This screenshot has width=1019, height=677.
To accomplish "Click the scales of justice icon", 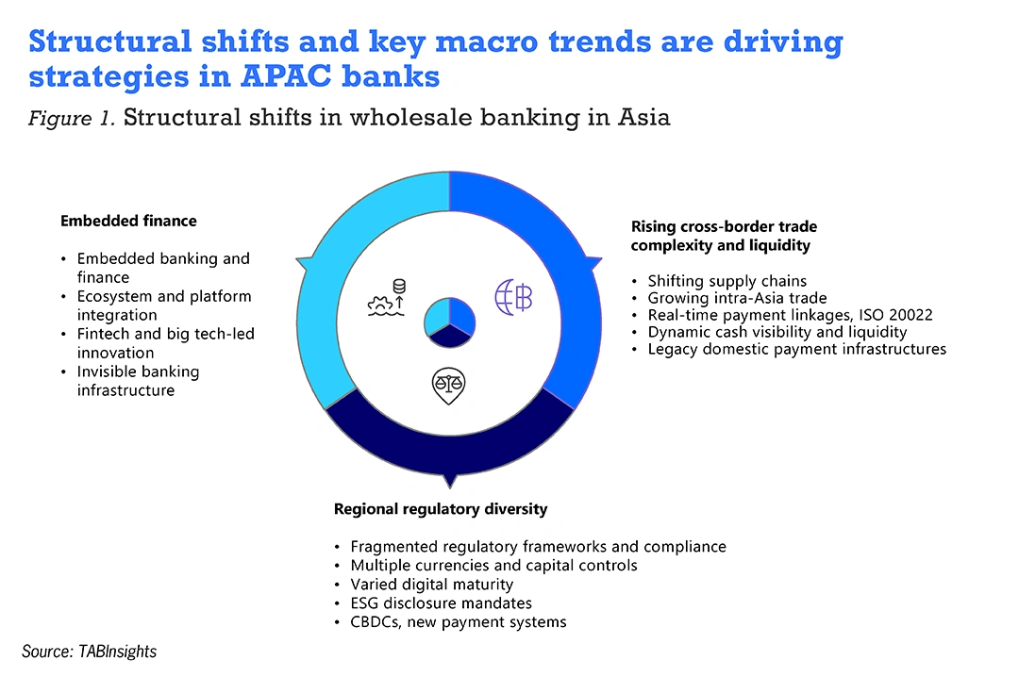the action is click(448, 386).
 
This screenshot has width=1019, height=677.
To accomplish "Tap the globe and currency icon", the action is click(513, 298).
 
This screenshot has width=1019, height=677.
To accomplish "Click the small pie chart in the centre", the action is click(449, 322).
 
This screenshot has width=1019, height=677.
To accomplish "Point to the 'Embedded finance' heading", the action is click(128, 221).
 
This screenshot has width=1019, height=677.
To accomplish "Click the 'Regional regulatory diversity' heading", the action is click(441, 509).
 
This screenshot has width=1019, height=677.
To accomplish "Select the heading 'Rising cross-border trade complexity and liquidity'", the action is click(724, 236).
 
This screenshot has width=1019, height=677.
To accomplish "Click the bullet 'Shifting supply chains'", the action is click(727, 281).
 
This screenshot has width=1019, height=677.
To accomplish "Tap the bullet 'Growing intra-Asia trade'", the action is click(737, 298).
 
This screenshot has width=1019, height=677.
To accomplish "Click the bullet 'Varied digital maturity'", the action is click(431, 584).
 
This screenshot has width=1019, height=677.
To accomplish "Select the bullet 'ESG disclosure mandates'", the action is click(441, 603).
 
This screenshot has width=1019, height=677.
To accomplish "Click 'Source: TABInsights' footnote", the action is click(89, 651).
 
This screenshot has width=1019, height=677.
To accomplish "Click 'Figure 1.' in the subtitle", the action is click(72, 118).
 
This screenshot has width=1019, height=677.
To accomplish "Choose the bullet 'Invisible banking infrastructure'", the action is click(138, 381).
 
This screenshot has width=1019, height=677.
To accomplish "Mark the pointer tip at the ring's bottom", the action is click(449, 487).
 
